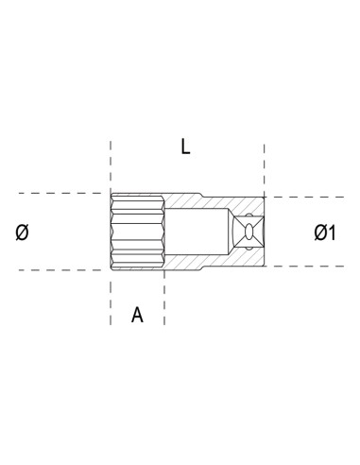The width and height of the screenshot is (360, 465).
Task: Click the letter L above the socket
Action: point(185,146)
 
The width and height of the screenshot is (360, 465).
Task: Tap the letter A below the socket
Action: point(137,316)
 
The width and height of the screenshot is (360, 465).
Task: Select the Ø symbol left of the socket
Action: point(23,232)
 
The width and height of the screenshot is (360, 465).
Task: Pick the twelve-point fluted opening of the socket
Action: point(137,232)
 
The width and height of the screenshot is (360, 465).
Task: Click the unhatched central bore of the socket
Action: point(194,232)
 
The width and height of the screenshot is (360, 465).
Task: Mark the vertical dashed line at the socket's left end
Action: point(111,302)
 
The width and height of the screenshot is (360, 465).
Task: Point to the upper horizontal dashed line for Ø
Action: point(57,194)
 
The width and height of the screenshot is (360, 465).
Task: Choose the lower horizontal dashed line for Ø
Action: point(57,270)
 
